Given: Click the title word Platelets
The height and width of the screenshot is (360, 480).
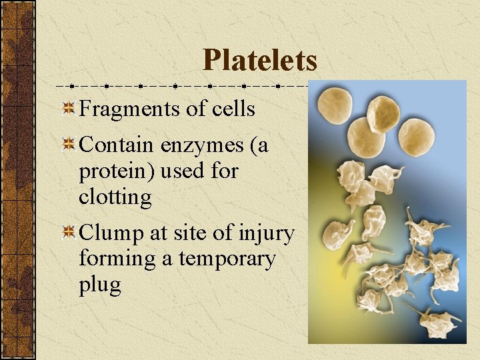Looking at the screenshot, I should click(260, 60).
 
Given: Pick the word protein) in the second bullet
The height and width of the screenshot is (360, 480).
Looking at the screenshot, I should click(117, 172).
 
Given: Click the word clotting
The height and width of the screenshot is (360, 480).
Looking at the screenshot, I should click(115, 197).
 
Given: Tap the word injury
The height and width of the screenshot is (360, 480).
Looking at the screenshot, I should click(265, 234).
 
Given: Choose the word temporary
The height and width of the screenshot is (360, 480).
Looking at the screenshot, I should click(227, 259).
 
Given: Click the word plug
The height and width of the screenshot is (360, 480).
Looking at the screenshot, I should click(99, 285).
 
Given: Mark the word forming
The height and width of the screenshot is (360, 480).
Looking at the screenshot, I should click(117, 259).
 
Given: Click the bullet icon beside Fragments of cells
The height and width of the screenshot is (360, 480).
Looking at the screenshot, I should click(67, 109).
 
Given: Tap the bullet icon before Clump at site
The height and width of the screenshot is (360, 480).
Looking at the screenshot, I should click(67, 233).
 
